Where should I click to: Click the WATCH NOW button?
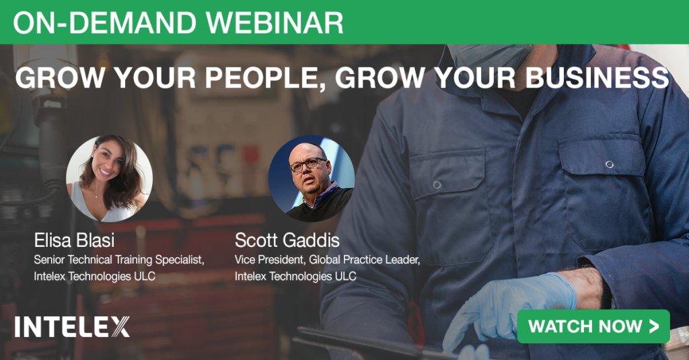593,326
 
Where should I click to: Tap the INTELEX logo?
72,326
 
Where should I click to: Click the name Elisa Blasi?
74,240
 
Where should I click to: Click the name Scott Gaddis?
287,240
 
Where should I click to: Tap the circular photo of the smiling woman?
110,178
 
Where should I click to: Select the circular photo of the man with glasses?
311,178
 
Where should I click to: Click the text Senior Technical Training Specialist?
118,260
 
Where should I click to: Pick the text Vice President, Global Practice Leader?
327,260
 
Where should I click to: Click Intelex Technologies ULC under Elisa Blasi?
94,277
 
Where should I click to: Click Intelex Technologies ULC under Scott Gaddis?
295,277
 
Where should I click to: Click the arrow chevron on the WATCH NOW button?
654,326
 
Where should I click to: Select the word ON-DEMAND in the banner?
104,22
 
